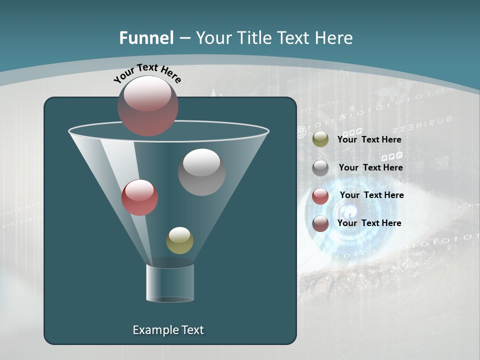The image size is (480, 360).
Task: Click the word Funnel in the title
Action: coord(146,38)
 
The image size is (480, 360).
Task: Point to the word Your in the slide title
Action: coord(213,38)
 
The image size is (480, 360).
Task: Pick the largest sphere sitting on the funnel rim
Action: coord(148,105)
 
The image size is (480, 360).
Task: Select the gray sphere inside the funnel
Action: coord(201,171)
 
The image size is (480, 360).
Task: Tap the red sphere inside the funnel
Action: coord(139,197)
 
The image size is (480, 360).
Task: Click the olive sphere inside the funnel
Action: coord(179,240)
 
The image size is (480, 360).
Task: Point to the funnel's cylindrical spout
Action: coord(170,282)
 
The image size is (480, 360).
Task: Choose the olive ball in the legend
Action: coord(320,139)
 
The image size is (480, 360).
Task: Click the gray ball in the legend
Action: coord(320,168)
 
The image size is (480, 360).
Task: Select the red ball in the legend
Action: coord(320,196)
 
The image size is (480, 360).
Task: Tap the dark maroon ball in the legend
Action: coord(320,223)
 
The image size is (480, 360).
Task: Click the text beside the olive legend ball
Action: coord(369,140)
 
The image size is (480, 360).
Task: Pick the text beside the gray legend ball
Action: coord(370,168)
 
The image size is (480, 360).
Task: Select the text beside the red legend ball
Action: coord(371,195)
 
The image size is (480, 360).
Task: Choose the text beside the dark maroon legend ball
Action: coord(369,223)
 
